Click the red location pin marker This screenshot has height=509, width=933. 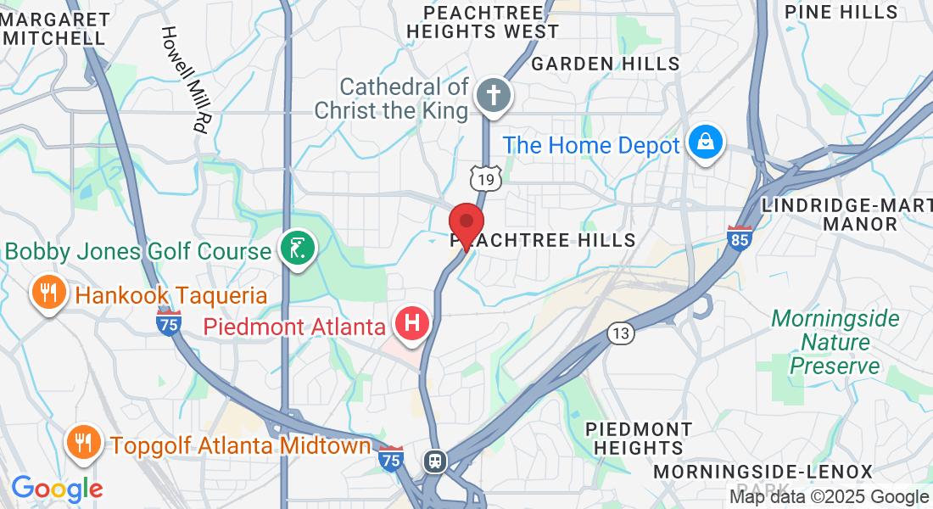466,225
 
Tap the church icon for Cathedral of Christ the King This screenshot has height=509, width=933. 491,93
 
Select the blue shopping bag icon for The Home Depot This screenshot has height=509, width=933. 705,143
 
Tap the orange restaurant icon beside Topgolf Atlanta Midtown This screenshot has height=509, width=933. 84,443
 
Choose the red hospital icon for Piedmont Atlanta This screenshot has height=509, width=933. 412,324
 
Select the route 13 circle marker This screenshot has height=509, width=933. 622,333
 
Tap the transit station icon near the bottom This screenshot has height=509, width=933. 435,461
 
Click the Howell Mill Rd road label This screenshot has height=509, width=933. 185,78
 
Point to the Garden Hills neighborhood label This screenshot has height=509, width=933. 605,64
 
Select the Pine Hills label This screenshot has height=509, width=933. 841,12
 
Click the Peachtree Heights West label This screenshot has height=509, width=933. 482,23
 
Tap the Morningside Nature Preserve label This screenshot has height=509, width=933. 835,343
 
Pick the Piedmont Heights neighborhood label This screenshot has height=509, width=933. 639,439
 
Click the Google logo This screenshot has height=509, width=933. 57,489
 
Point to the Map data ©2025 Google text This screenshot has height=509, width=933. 829,497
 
